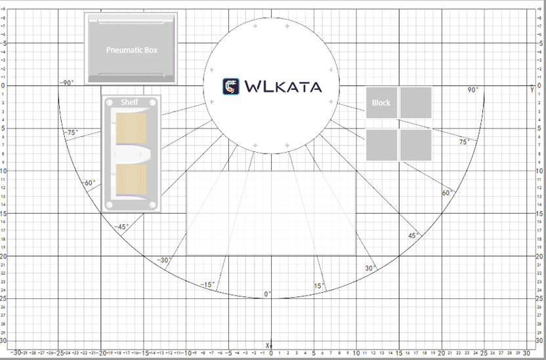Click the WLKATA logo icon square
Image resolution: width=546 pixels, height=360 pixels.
coord(231,87)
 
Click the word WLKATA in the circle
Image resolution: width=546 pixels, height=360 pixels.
coord(283,87)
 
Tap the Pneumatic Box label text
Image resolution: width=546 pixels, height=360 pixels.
coord(132,50)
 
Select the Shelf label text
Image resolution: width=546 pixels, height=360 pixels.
coord(130,102)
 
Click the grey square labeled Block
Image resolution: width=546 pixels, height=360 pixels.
coord(381,103)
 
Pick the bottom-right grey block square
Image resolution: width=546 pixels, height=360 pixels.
coord(415,145)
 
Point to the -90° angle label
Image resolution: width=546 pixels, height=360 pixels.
coord(67,83)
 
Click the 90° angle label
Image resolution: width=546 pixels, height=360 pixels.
coord(472,90)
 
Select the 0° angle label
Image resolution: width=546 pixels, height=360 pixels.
coord(268,294)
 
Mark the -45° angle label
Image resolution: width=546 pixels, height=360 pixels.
coord(121,227)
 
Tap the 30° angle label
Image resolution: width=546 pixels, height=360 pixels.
coord(370,268)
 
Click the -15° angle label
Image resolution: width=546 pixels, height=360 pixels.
coord(207,285)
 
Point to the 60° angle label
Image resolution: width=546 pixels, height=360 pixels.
coord(447,193)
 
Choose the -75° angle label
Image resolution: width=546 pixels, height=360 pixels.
coord(72,132)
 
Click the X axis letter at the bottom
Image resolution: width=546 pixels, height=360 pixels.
coord(267,345)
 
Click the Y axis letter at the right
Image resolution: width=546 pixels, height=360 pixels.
coord(532,89)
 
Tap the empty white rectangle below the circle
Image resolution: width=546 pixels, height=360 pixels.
coord(271,212)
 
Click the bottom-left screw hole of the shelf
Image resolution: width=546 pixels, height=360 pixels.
coord(110,206)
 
